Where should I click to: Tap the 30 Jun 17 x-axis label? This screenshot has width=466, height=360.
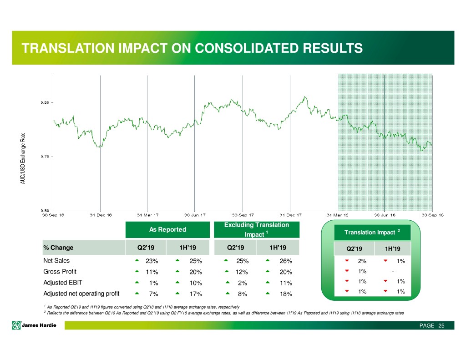tap(195, 215)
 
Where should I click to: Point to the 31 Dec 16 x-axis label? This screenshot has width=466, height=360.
tap(100, 215)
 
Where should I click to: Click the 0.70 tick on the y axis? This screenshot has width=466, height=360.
tap(45, 156)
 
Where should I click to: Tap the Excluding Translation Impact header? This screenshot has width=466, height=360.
tap(257, 230)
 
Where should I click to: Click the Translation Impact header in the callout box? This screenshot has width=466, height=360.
tap(369, 233)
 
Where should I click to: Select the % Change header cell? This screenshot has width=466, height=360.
tap(58, 248)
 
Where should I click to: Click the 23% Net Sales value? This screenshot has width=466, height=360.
tap(152, 261)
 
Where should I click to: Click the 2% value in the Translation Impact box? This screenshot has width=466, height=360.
tap(362, 261)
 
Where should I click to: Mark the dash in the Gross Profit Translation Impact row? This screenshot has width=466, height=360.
tap(392, 272)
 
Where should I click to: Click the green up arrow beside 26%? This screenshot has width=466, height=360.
tap(268, 261)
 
